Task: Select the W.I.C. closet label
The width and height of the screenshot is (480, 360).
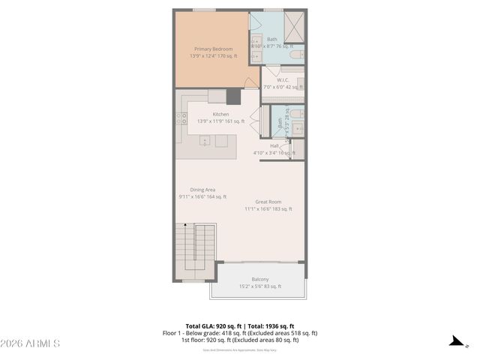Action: (283, 79)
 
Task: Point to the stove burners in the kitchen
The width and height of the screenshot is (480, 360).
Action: (181, 118)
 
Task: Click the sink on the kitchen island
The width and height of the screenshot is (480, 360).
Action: (205, 140)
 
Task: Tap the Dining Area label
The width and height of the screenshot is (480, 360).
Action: (202, 190)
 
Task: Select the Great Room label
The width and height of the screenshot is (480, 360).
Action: (268, 202)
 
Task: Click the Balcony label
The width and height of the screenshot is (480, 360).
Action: (260, 279)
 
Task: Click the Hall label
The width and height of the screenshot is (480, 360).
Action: (274, 145)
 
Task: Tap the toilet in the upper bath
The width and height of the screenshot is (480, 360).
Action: (297, 54)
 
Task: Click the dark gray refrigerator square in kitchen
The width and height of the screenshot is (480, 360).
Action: (234, 96)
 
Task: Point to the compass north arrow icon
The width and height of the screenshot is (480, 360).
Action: (455, 341)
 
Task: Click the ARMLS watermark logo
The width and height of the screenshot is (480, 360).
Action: (31, 343)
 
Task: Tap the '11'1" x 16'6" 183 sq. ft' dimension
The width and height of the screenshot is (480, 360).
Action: (268, 209)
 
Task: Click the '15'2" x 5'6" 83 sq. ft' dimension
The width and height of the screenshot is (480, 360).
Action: (260, 286)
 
